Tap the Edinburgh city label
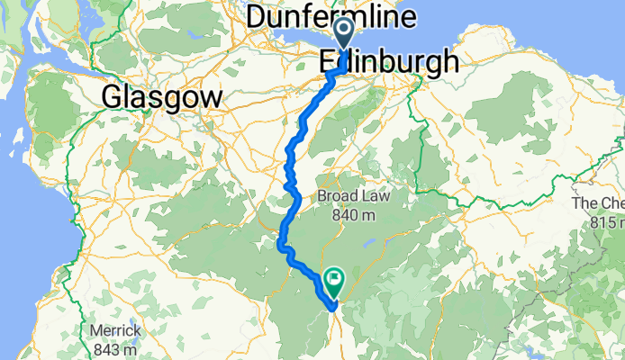tap(388, 61)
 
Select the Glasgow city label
tap(162, 96)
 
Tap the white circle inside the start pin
tap(344, 33)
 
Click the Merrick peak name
tap(114, 331)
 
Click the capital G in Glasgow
tap(114, 96)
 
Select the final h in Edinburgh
tap(448, 61)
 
